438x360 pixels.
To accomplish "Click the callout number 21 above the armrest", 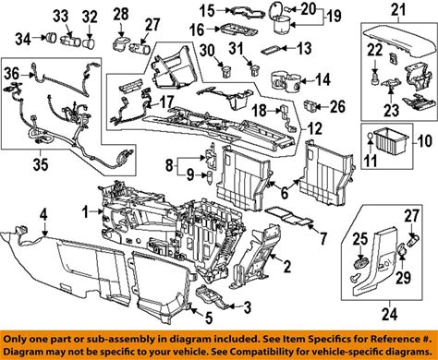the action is pos(398,11).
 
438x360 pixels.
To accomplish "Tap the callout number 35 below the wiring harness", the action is pos(41,164).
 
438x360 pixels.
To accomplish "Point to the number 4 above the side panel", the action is pos(44,214).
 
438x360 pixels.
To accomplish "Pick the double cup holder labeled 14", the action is pos(286,81).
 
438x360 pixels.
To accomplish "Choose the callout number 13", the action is pos(304,48).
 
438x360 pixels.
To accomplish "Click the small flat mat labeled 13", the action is pos(272,50).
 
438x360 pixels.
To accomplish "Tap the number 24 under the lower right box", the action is pos(389,315).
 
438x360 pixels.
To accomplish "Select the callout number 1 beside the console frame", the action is pos(86,212).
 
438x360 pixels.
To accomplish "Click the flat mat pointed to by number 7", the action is pos(289,218).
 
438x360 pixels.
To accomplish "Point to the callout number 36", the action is pos(12,74).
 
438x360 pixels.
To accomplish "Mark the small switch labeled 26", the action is pos(310,105).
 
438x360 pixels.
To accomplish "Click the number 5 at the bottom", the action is pos(209,318).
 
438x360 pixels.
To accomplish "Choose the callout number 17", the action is pos(166,102).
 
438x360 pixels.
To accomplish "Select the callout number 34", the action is pos(23,39).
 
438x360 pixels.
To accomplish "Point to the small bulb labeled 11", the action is pos(370,137).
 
